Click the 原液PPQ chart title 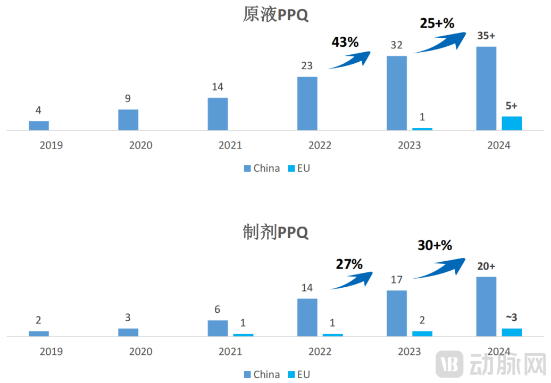point(275,14)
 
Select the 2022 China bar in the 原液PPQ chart point(307,103)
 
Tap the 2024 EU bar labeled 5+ point(512,123)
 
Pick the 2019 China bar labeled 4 point(38,125)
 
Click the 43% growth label point(345,42)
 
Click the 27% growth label point(349,264)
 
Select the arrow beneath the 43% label point(349,60)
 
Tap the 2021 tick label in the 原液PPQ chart point(230,145)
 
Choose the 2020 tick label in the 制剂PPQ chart point(140,352)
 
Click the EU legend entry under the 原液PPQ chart point(299,169)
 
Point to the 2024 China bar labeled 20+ point(486,306)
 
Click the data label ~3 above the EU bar point(511,317)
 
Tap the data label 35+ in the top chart point(486,36)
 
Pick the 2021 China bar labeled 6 point(218,328)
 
